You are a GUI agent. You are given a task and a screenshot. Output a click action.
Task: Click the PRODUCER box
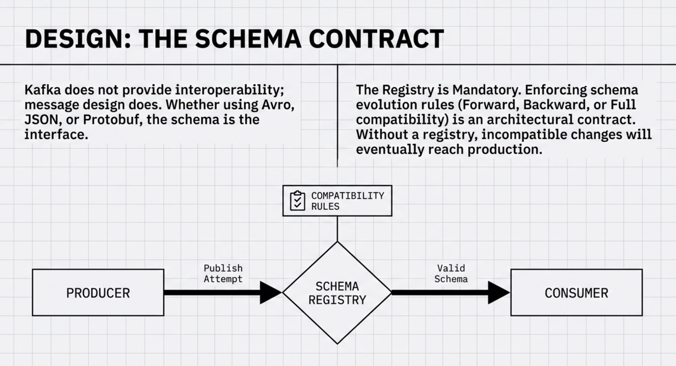[x=98, y=293]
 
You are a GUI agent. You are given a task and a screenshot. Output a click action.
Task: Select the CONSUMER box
[x=576, y=293]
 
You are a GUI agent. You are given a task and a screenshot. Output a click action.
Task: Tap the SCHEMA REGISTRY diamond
[x=337, y=293]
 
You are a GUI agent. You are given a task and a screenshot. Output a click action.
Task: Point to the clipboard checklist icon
[x=297, y=201]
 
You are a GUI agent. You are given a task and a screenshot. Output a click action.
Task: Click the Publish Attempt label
[x=223, y=273]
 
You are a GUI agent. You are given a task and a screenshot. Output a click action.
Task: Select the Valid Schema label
[x=451, y=273]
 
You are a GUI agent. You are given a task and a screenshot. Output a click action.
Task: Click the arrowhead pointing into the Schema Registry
[x=270, y=293]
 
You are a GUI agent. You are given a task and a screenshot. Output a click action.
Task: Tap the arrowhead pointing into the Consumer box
[x=499, y=293]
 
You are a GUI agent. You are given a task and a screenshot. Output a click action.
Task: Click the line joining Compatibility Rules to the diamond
[x=337, y=229]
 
